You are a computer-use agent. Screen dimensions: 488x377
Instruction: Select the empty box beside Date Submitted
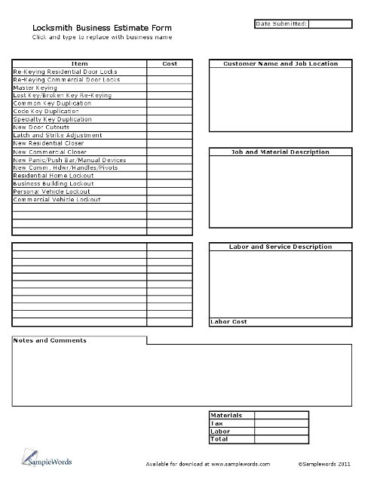330,24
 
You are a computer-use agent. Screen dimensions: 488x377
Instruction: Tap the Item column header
79,64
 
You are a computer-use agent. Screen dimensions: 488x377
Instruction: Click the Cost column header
170,64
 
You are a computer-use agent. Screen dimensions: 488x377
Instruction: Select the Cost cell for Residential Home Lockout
170,176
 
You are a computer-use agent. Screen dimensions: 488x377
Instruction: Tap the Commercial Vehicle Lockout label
57,200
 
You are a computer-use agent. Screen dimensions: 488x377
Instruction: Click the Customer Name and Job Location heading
280,64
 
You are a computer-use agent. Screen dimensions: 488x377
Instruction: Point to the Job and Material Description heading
280,152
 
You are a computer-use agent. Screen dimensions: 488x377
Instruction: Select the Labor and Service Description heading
280,247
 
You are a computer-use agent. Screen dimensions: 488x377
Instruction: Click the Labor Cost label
228,322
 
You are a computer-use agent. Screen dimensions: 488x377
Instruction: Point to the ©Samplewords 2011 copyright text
323,465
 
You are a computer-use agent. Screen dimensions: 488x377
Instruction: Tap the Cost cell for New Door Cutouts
170,128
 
